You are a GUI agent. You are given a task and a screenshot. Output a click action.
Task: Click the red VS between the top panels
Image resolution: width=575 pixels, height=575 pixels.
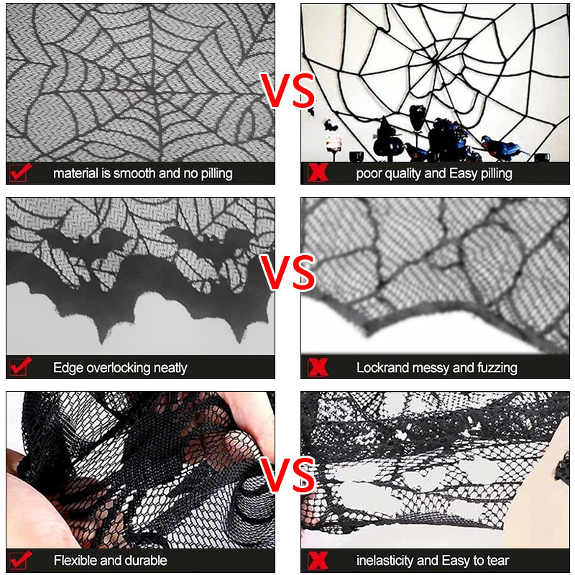coord(287,91)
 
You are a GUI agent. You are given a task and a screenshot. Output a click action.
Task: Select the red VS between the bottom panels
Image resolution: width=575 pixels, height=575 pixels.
coord(287,474)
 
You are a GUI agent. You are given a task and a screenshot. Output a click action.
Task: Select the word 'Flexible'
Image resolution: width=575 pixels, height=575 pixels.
coord(77,560)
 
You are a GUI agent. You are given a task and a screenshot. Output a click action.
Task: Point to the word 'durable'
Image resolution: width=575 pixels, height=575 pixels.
coord(146,560)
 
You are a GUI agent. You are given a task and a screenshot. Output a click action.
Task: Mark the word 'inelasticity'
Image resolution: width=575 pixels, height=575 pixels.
coord(387,560)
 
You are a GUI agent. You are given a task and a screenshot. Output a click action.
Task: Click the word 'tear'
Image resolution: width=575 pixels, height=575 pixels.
coord(496,560)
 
